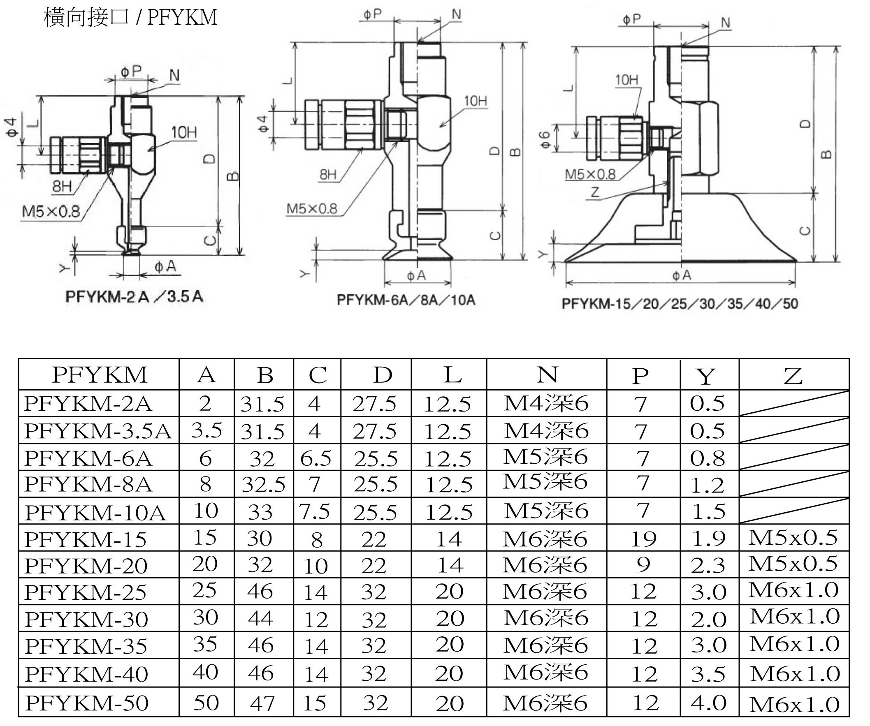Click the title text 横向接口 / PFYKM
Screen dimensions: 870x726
pyautogui.click(x=130, y=17)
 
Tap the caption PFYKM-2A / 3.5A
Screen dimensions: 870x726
pyautogui.click(x=134, y=297)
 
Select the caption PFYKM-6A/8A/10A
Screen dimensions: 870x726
pyautogui.click(x=406, y=300)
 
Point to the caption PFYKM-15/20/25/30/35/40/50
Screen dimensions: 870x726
pyautogui.click(x=680, y=303)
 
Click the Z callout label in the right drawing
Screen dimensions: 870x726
pyautogui.click(x=595, y=192)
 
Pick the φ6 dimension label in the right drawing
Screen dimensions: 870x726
pyautogui.click(x=545, y=139)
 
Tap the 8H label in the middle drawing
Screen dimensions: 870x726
pyautogui.click(x=328, y=174)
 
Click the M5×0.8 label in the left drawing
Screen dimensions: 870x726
pyautogui.click(x=51, y=212)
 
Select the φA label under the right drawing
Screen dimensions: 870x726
pyautogui.click(x=682, y=275)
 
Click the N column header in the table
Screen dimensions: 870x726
pyautogui.click(x=547, y=375)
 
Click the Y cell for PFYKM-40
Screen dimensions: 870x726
pyautogui.click(x=708, y=674)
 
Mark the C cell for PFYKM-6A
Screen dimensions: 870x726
pyautogui.click(x=316, y=458)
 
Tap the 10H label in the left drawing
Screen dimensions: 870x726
pyautogui.click(x=184, y=132)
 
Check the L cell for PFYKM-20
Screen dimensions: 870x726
pyautogui.click(x=450, y=565)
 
